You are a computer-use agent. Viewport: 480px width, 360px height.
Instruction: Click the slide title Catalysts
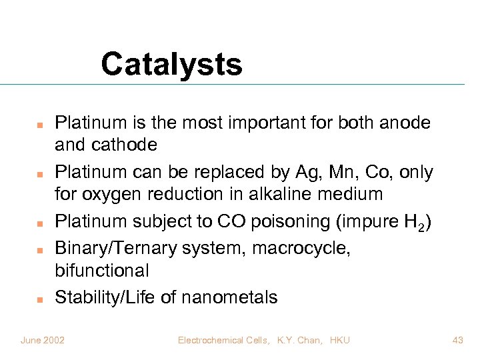(x=171, y=65)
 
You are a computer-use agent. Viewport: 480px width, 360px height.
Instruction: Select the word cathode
(x=126, y=145)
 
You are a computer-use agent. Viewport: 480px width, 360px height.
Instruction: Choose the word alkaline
(x=293, y=194)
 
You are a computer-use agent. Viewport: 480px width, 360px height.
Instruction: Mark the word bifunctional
(x=102, y=270)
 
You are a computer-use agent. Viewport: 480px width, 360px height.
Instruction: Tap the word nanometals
(x=230, y=297)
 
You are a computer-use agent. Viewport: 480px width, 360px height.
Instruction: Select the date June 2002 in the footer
(x=43, y=340)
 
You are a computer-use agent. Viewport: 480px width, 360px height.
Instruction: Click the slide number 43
(x=457, y=340)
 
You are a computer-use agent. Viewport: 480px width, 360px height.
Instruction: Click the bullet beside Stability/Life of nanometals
(x=40, y=299)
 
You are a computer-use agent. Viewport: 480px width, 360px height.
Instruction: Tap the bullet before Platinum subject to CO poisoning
(x=40, y=223)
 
